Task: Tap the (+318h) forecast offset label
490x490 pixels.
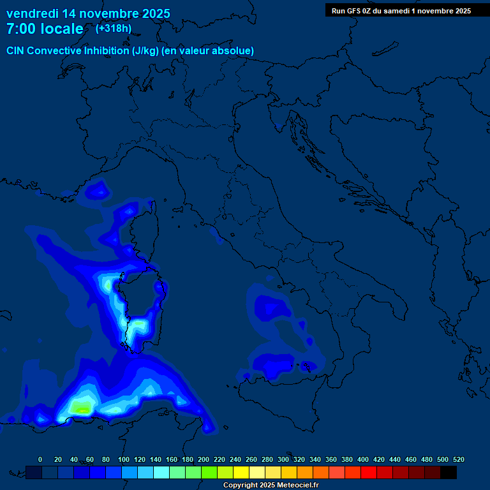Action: (114, 29)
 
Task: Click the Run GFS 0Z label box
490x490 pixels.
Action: (401, 10)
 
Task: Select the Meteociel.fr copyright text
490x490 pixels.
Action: (270, 486)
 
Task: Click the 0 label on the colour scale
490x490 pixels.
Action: (40, 459)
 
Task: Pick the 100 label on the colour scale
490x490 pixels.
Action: (123, 459)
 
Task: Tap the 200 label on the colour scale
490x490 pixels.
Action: (203, 459)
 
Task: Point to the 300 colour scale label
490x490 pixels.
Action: (283, 459)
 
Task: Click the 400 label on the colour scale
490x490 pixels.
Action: (362, 459)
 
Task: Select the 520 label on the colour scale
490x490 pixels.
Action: (458, 459)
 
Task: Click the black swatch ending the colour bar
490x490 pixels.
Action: (449, 472)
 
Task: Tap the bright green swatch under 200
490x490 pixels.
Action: (209, 472)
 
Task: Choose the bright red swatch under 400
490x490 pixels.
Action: (369, 472)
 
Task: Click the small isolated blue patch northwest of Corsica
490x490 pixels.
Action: (98, 189)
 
